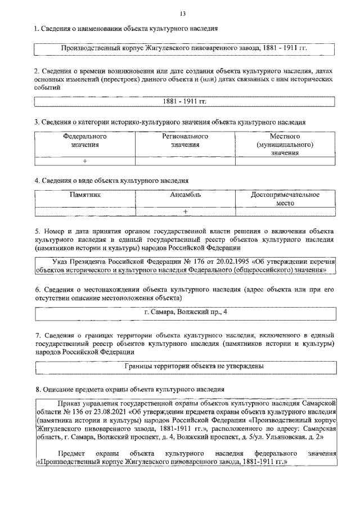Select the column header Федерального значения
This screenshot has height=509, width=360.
point(85,140)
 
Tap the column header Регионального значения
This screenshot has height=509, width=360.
point(185,140)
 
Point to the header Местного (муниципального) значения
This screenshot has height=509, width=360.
point(285,145)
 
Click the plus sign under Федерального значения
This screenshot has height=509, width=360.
point(85,161)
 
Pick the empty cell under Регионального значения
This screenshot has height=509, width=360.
point(185,161)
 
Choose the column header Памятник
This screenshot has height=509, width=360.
point(85,195)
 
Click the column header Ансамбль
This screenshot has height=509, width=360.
point(185,195)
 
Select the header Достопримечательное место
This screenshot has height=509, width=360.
point(285,199)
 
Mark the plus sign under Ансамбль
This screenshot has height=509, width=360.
point(185,211)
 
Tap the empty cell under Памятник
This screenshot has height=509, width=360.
point(85,211)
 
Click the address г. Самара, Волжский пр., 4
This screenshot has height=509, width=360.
point(185,312)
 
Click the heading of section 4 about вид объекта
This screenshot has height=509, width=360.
point(111,181)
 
